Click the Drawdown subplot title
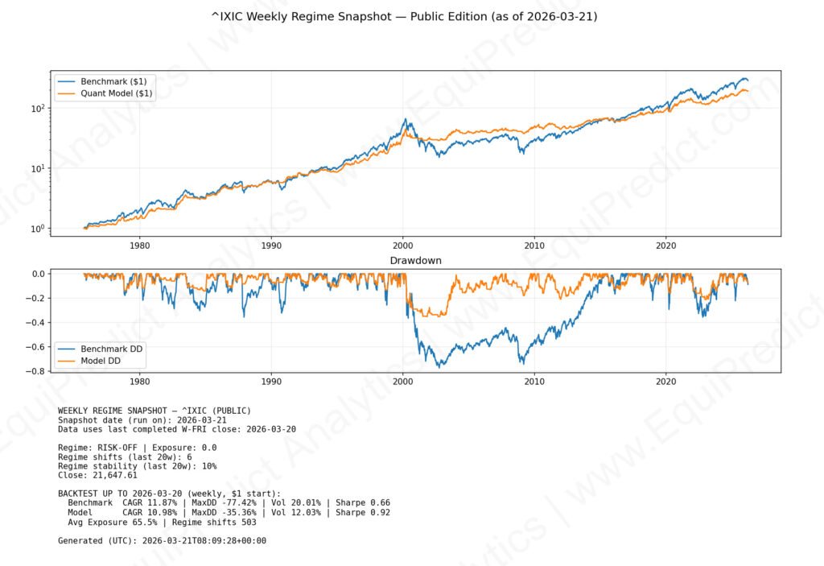click(415, 261)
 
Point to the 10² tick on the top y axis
click(37, 108)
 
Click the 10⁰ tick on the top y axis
click(37, 229)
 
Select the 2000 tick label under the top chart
click(403, 245)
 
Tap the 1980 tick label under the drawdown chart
click(139, 382)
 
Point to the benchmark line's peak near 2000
click(406, 120)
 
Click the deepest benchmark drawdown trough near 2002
click(439, 367)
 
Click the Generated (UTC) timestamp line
click(162, 540)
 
